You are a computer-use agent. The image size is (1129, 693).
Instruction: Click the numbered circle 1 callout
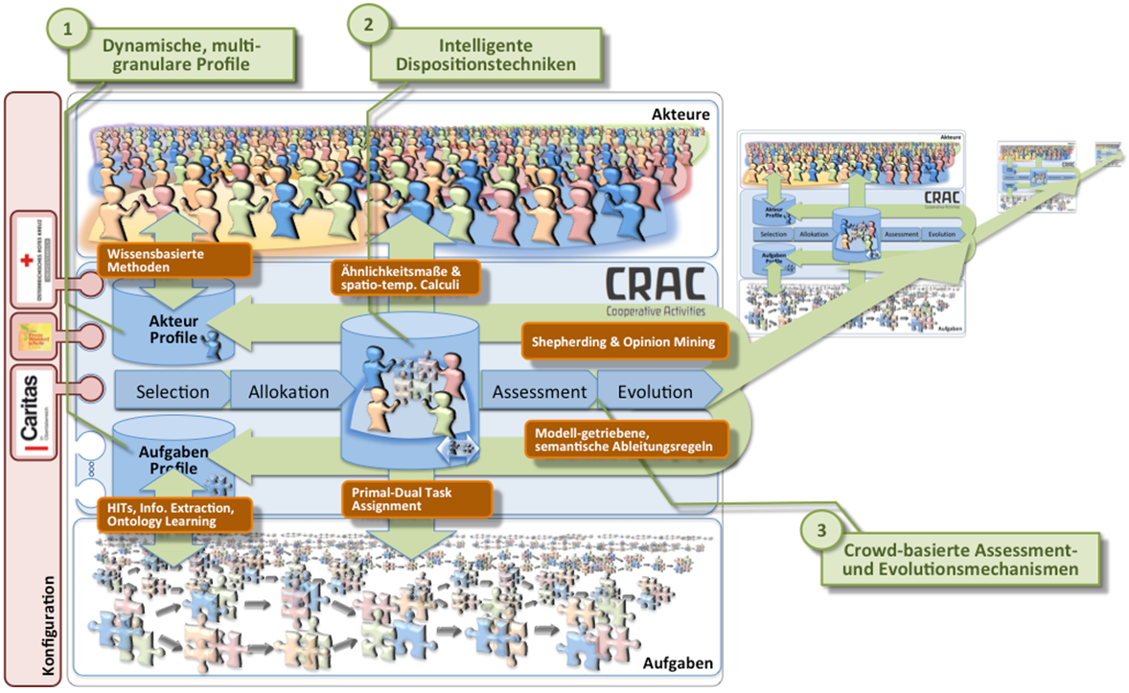click(x=67, y=30)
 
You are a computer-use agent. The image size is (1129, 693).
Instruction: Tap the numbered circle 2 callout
click(x=367, y=26)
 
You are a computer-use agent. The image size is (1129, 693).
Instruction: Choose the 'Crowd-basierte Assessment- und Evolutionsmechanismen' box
click(x=960, y=559)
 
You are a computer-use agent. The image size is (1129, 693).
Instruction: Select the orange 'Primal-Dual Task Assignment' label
click(x=417, y=497)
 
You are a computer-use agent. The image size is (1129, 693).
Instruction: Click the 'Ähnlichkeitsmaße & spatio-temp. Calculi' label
click(x=402, y=278)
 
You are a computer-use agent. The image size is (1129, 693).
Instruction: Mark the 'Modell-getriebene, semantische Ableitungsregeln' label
click(x=624, y=438)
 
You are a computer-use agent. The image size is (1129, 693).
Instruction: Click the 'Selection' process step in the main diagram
click(x=173, y=391)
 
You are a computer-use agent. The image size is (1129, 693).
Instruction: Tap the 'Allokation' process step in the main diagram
click(x=288, y=391)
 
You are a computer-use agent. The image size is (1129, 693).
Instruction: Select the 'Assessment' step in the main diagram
click(x=539, y=391)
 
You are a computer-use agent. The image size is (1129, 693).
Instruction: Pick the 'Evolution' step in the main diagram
click(x=655, y=391)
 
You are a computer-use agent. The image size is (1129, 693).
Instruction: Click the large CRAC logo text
click(x=657, y=285)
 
